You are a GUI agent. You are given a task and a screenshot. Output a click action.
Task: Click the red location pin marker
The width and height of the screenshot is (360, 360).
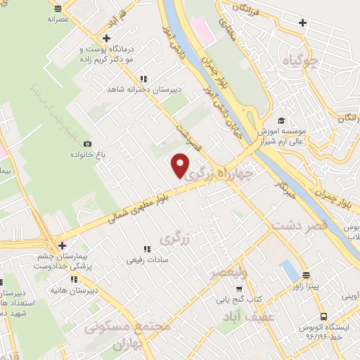pyautogui.click(x=181, y=165)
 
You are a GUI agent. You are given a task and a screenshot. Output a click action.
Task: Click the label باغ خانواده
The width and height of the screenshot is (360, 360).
pyautogui.click(x=87, y=155)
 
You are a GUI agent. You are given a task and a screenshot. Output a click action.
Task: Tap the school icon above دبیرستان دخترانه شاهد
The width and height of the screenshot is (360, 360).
pyautogui.click(x=144, y=79)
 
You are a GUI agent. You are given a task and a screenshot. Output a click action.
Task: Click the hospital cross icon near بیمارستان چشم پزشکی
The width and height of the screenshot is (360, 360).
pyautogui.click(x=63, y=245)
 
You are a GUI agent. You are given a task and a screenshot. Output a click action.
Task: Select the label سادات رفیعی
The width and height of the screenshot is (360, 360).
pyautogui.click(x=146, y=260)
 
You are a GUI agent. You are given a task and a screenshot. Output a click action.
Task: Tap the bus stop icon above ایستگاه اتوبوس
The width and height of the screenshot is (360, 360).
pyautogui.click(x=323, y=316)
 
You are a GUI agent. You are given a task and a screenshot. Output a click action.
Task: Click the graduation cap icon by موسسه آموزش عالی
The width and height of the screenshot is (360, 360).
pyautogui.click(x=281, y=121)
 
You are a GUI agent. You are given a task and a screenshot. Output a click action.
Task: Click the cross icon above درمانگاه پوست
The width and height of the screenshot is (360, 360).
pyautogui.click(x=105, y=38)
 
